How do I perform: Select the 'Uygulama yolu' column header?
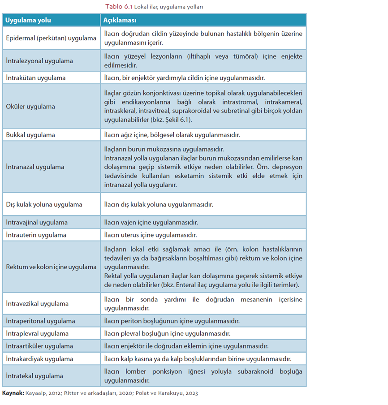[x=28, y=21]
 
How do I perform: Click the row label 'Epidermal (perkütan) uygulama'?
[x=51, y=38]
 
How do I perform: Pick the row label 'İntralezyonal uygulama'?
[x=39, y=60]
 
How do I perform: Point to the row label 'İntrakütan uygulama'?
[x=36, y=78]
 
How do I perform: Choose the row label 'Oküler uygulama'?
[x=30, y=107]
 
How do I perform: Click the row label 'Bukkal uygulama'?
[x=30, y=134]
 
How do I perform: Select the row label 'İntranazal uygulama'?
[x=35, y=167]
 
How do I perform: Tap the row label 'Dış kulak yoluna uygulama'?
[x=44, y=204]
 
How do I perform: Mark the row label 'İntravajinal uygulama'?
[x=37, y=222]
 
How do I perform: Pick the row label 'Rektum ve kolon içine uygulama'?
[x=51, y=267]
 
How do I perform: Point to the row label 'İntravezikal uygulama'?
[x=37, y=304]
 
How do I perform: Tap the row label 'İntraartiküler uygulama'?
[x=39, y=346]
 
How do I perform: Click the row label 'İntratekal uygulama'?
[x=34, y=376]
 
